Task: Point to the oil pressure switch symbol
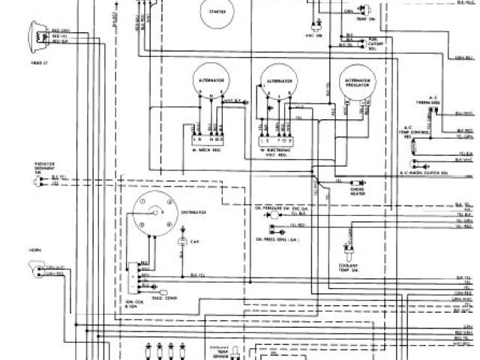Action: tap(275, 214)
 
